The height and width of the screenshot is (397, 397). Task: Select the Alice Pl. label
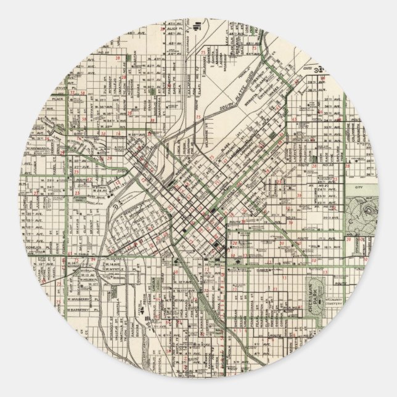point(173,29)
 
